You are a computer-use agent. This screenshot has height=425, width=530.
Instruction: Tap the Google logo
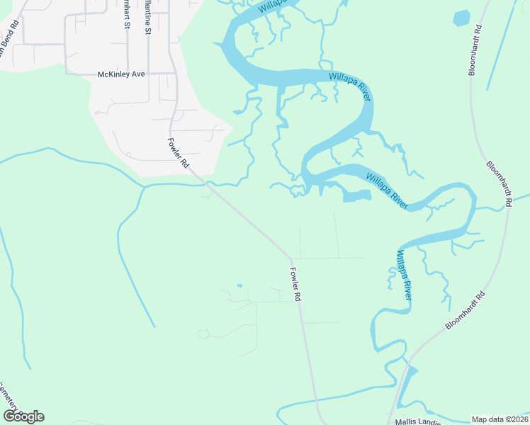point(23,416)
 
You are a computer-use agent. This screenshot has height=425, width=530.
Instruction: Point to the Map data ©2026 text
point(500,419)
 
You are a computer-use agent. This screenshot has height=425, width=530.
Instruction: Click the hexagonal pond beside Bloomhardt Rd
point(462,18)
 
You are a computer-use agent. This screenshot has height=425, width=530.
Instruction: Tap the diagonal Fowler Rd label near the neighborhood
point(178,152)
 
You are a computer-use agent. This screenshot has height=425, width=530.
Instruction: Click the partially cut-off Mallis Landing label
point(417,421)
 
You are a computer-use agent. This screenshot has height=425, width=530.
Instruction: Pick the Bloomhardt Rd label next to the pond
point(477,50)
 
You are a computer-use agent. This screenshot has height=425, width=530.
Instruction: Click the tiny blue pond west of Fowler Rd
point(239,285)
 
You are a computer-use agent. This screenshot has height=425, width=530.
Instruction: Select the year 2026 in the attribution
point(518,419)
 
